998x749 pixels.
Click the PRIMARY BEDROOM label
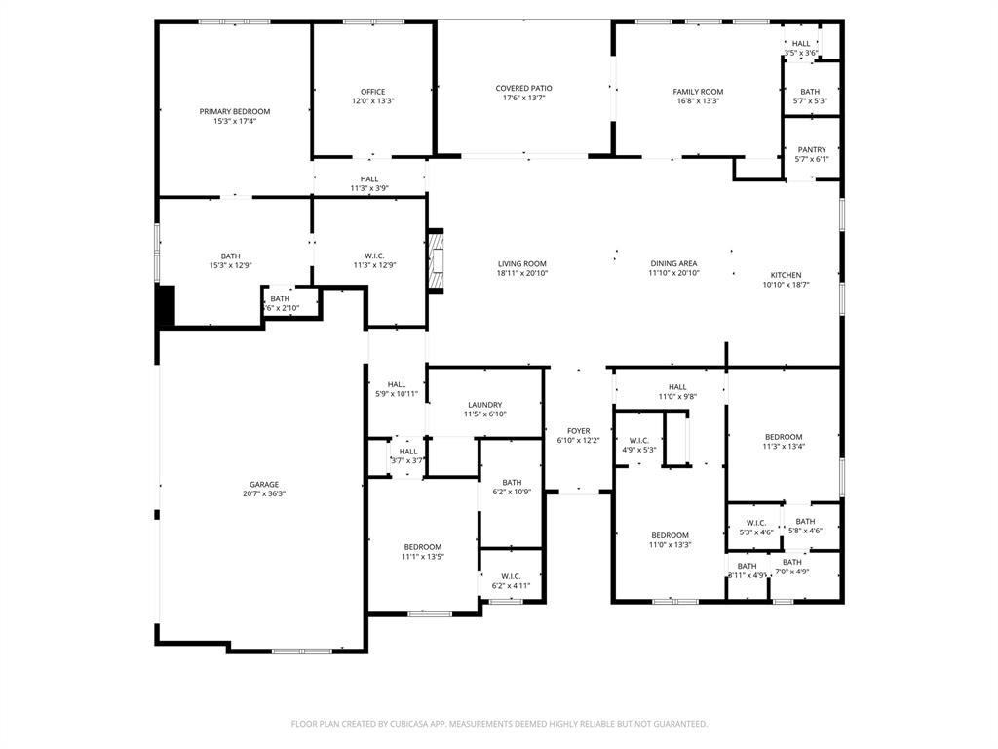pos(235,111)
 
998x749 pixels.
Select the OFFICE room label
pos(372,91)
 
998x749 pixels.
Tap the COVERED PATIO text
pos(523,88)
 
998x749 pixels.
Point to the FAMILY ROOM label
pos(698,92)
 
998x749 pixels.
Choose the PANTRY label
pos(811,149)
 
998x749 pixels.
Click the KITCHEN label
pos(786,275)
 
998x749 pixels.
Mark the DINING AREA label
pos(673,263)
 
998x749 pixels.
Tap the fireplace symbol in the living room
pos(439,261)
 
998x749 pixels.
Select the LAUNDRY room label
pos(484,404)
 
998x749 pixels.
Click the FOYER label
pos(578,430)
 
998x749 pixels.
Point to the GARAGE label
pos(263,484)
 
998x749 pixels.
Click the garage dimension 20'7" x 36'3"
pos(263,493)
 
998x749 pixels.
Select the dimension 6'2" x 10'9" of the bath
pos(512,492)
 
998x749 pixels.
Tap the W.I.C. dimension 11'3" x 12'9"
pos(373,265)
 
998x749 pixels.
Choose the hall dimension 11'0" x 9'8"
pos(677,397)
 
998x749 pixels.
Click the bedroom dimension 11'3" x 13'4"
pos(783,447)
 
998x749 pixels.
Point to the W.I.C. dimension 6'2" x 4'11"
pos(511,585)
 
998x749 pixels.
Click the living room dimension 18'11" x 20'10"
pos(522,273)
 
